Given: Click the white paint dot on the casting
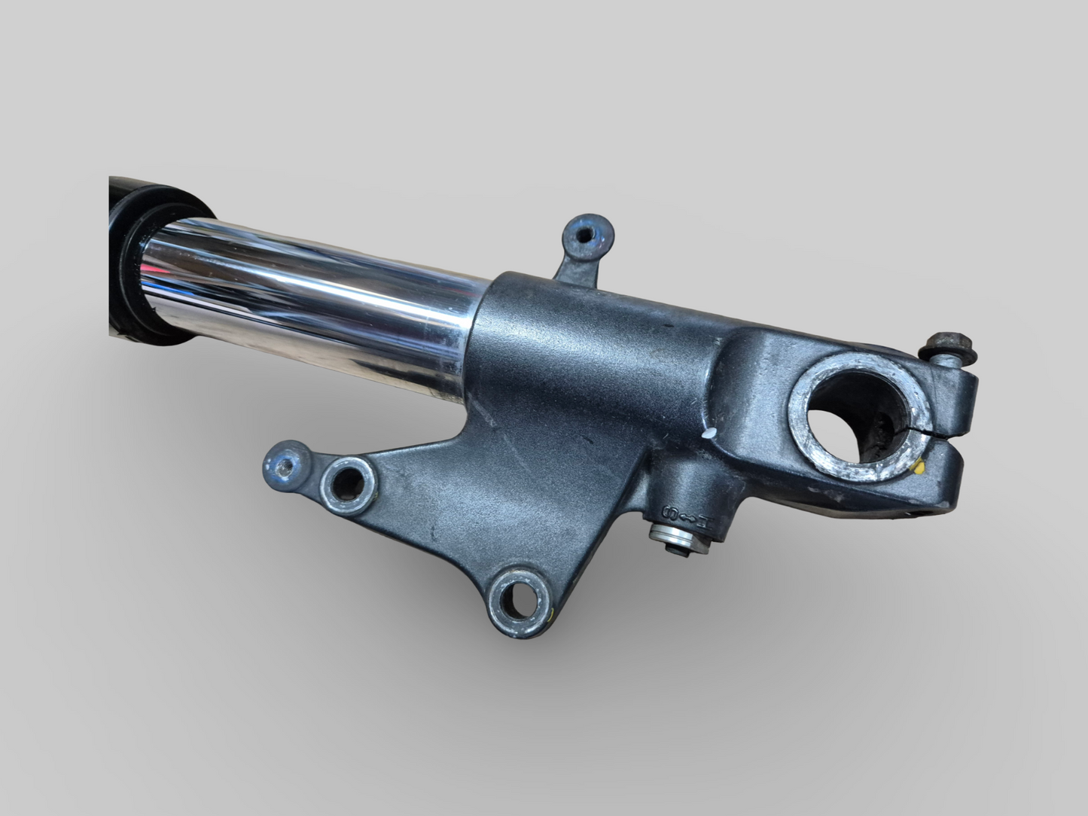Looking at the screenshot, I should (x=709, y=434).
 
